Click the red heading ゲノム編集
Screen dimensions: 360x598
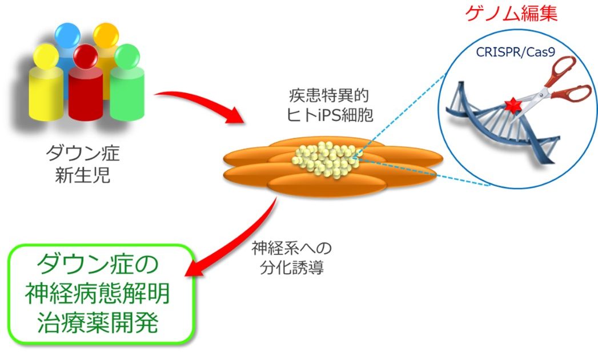click(511, 13)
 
